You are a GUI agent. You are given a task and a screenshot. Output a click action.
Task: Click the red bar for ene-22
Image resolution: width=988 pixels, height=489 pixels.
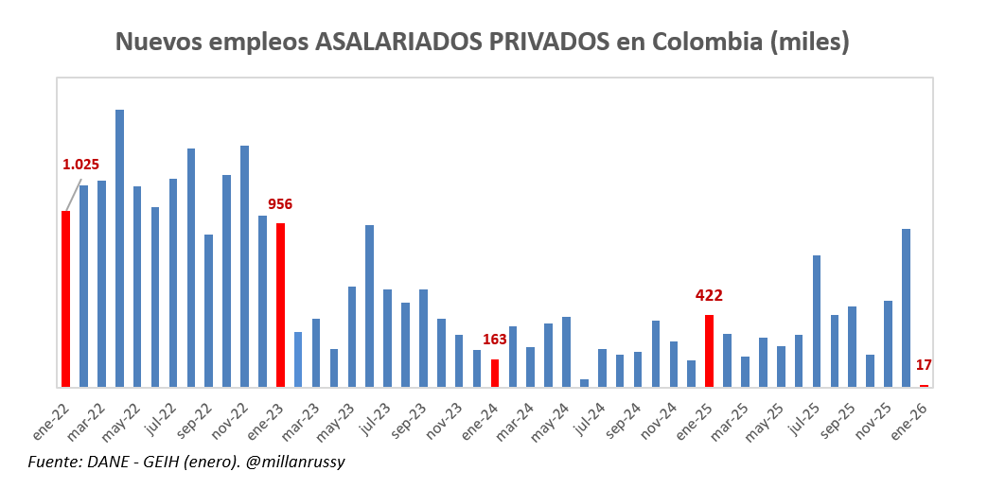(x=65, y=298)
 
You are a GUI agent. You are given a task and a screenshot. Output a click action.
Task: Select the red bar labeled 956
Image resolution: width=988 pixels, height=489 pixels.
(x=280, y=305)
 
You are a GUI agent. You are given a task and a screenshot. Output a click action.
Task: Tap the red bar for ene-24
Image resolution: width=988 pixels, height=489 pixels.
(x=494, y=373)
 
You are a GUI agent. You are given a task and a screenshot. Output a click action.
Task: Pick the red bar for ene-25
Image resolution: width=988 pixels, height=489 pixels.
(x=709, y=351)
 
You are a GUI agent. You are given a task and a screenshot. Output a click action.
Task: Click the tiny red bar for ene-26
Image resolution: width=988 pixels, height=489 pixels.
(x=924, y=385)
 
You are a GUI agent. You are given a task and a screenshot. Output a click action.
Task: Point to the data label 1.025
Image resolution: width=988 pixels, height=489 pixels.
(x=80, y=165)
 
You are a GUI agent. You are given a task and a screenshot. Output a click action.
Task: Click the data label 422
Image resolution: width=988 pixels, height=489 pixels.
(x=709, y=296)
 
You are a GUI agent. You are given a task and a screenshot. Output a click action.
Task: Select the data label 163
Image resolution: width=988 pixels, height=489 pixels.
(x=495, y=340)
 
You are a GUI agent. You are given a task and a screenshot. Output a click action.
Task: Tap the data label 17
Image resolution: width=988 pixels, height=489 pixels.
(x=925, y=365)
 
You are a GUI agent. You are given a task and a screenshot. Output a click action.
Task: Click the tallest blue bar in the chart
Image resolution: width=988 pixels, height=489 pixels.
(x=119, y=248)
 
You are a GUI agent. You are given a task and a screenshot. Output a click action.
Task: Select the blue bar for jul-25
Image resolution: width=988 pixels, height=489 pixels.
(x=816, y=321)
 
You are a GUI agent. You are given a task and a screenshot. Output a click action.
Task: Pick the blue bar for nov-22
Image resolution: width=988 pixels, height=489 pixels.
(x=244, y=266)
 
